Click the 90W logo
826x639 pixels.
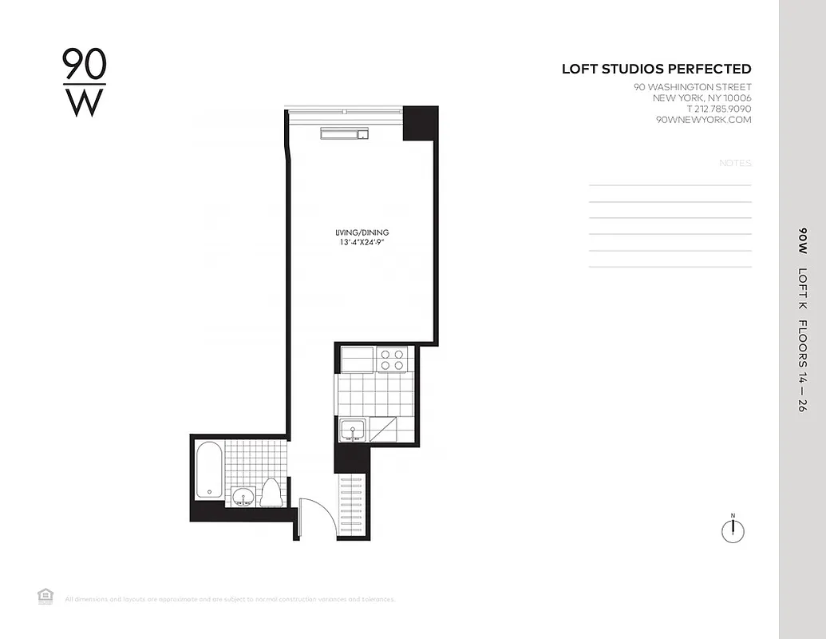84,83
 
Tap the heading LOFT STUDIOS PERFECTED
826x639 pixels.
656,69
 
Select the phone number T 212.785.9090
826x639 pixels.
718,109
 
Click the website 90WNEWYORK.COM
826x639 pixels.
703,120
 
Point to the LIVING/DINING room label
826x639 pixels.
362,232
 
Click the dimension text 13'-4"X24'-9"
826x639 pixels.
362,243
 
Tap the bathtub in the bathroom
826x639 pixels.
209,471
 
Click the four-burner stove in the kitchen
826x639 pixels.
392,359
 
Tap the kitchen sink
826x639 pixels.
353,431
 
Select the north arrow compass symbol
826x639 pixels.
732,530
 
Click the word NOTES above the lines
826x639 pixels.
735,163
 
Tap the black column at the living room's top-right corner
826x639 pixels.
420,123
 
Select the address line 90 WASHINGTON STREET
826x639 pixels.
692,87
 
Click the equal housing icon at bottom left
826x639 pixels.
45,595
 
